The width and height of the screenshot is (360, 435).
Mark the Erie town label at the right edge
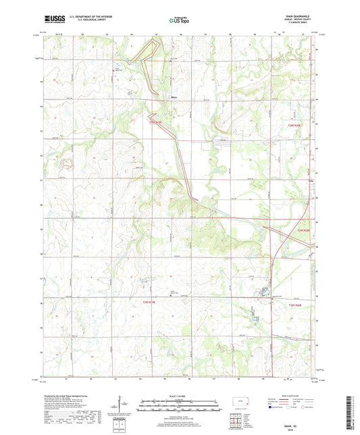[311, 181]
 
